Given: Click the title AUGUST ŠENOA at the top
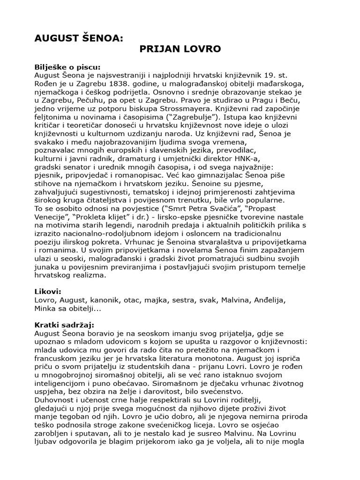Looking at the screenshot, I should click(79, 38).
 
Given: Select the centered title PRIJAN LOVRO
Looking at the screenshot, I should click(180, 49).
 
